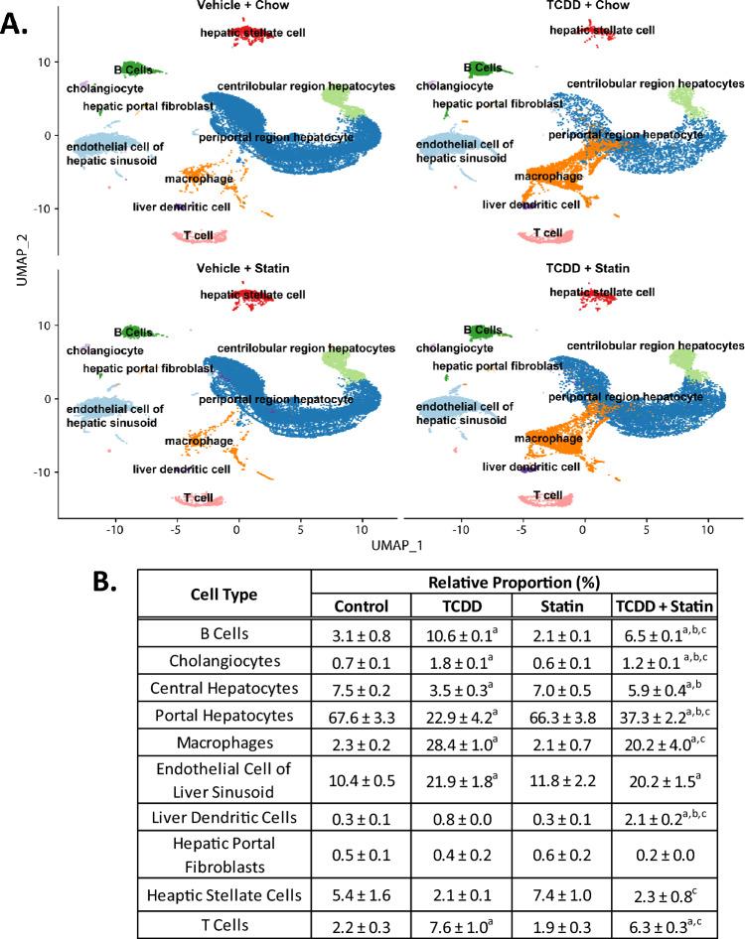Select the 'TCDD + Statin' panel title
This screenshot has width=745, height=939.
(x=583, y=269)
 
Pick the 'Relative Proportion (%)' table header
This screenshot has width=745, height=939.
(x=514, y=581)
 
